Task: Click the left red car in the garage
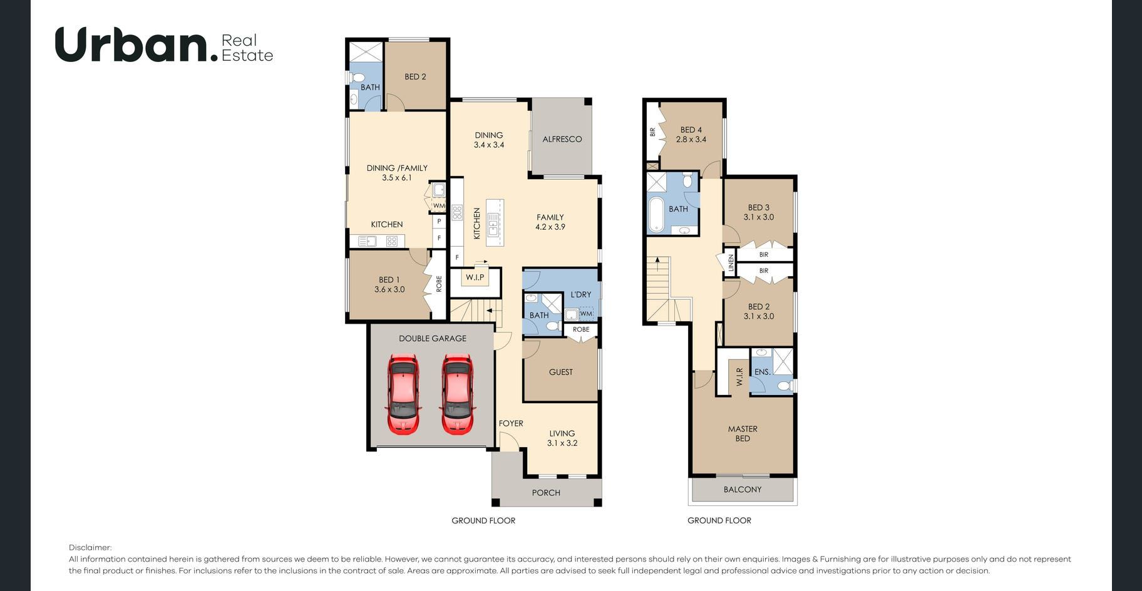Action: [403, 394]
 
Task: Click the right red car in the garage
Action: [457, 394]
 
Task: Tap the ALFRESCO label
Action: [562, 139]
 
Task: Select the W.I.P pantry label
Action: [475, 277]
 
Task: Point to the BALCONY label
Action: [743, 490]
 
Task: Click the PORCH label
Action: [546, 493]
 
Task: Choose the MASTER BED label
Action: [743, 433]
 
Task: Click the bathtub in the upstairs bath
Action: [656, 215]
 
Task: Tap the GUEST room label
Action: [561, 372]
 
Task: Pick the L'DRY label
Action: [581, 294]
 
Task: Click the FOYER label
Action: [511, 423]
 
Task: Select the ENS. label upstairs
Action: [763, 372]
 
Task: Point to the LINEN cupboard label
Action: [731, 262]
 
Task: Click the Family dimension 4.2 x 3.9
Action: [550, 227]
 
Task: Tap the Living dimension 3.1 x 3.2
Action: [562, 443]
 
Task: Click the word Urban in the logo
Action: [132, 44]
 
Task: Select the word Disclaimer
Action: [90, 548]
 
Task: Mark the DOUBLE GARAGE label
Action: [433, 339]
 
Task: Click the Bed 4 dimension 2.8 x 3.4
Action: [691, 140]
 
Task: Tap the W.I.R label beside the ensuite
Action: [739, 376]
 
